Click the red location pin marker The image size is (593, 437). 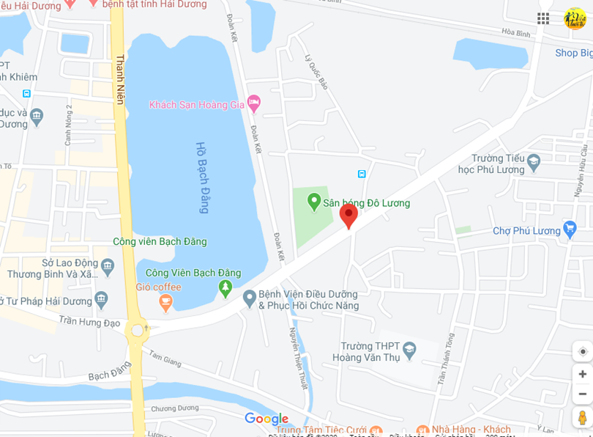pyautogui.click(x=348, y=216)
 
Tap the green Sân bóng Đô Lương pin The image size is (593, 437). pyautogui.click(x=314, y=201)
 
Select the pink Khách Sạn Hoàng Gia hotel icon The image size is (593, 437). pyautogui.click(x=254, y=104)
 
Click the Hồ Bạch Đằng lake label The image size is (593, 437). pyautogui.click(x=203, y=177)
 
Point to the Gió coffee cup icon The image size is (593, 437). pyautogui.click(x=165, y=301)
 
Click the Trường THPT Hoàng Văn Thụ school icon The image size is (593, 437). pyautogui.click(x=409, y=351)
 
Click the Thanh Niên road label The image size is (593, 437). pyautogui.click(x=120, y=81)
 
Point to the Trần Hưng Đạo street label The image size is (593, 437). pyautogui.click(x=89, y=321)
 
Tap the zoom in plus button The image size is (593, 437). pyautogui.click(x=583, y=374)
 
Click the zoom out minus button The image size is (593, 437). pyautogui.click(x=583, y=394)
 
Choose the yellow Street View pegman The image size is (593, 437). pyautogui.click(x=583, y=417)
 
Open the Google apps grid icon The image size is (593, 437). pyautogui.click(x=543, y=18)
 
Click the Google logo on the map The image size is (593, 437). pyautogui.click(x=266, y=419)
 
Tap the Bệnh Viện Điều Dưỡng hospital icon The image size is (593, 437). pyautogui.click(x=249, y=298)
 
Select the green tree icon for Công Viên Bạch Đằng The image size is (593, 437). pyautogui.click(x=225, y=288)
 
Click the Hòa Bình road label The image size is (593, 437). pyautogui.click(x=516, y=34)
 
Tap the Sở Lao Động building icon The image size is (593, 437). pyautogui.click(x=108, y=264)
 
